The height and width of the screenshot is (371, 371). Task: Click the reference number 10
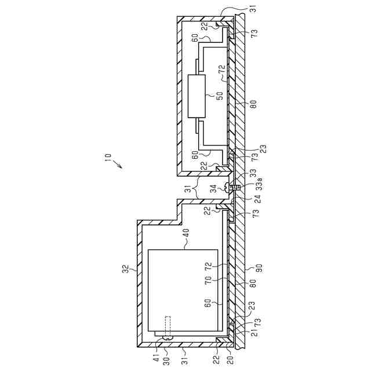(x=108, y=157)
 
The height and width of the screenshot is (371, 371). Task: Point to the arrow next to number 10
(x=117, y=164)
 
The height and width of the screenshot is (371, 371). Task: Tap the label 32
(x=126, y=269)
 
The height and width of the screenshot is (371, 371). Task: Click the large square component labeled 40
(x=183, y=290)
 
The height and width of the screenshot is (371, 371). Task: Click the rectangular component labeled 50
(x=197, y=96)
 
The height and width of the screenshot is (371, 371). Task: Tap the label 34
(x=214, y=189)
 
